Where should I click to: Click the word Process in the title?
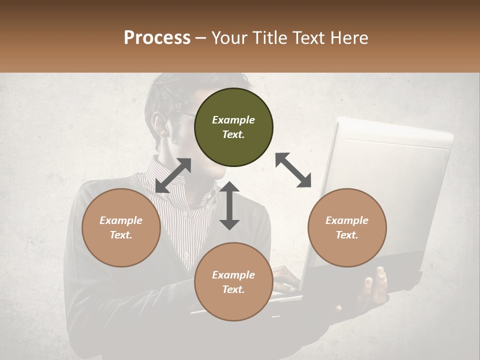click(x=157, y=38)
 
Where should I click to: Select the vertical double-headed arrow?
click(x=229, y=205)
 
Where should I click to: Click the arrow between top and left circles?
click(x=173, y=175)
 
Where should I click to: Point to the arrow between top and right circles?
click(x=293, y=170)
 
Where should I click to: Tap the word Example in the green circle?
click(x=233, y=120)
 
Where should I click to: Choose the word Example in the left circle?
click(x=121, y=220)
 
